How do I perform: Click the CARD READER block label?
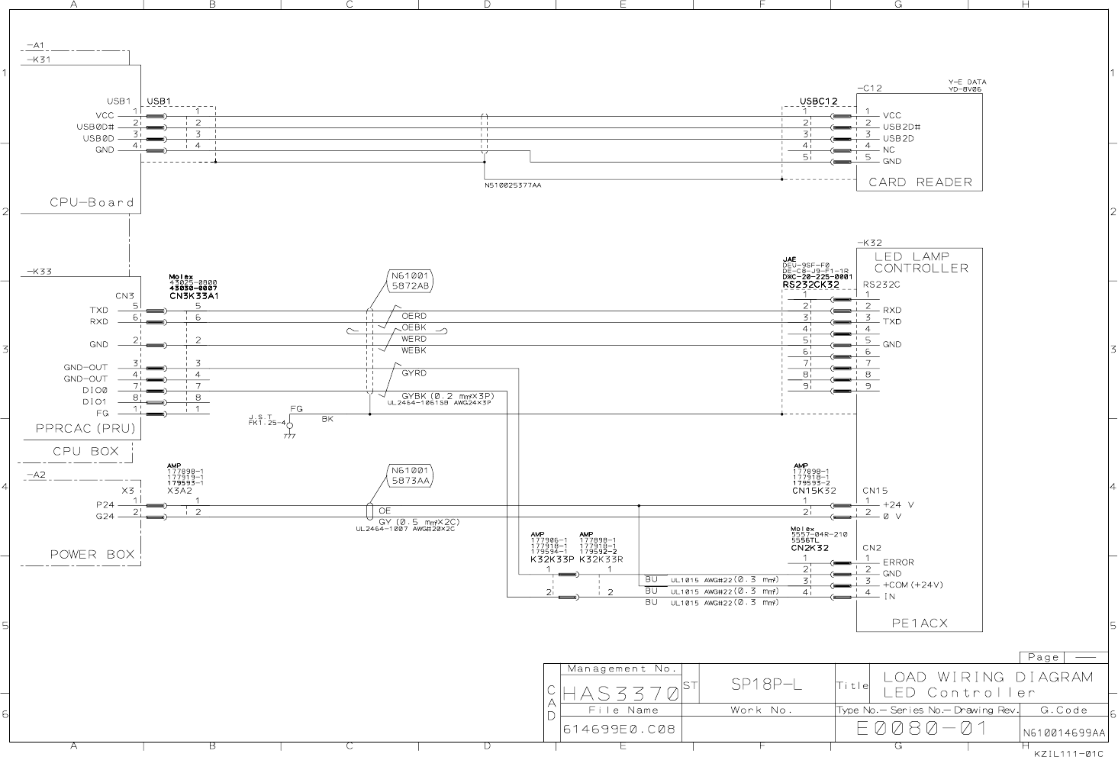[920, 182]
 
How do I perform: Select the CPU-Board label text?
[92, 202]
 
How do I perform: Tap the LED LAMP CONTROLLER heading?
[921, 263]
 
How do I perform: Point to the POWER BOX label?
[92, 554]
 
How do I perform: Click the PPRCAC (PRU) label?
[85, 428]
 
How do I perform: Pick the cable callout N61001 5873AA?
[411, 475]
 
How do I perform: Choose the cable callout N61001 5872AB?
[411, 280]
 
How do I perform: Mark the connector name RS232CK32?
[810, 285]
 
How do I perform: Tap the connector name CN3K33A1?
[194, 296]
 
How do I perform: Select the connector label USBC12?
[819, 101]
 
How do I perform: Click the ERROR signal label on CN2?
[898, 562]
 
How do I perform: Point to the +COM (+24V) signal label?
[913, 585]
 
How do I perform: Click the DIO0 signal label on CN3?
[95, 390]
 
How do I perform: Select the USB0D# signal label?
[95, 127]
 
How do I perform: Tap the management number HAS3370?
[620, 694]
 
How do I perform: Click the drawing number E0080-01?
[922, 729]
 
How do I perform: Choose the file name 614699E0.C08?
[619, 730]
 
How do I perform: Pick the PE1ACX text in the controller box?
[920, 623]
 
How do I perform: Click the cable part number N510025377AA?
[513, 185]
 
